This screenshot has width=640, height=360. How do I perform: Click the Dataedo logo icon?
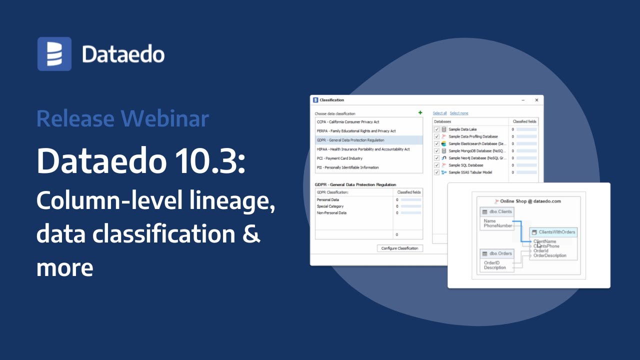pyautogui.click(x=54, y=54)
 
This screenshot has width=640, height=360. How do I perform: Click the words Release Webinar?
pyautogui.click(x=122, y=119)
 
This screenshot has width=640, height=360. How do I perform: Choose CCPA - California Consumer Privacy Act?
pyautogui.click(x=348, y=122)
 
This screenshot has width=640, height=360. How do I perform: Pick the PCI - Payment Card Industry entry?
pyautogui.click(x=339, y=158)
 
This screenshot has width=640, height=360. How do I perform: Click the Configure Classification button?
pyautogui.click(x=399, y=248)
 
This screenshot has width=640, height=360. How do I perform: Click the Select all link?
pyautogui.click(x=439, y=113)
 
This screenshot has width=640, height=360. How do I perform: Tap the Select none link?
pyautogui.click(x=459, y=113)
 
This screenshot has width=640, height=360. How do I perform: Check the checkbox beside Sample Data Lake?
pyautogui.click(x=436, y=129)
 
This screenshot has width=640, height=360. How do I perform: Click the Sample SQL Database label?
pyautogui.click(x=465, y=165)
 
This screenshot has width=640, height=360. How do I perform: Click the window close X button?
pyautogui.click(x=536, y=100)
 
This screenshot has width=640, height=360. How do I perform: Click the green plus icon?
pyautogui.click(x=420, y=113)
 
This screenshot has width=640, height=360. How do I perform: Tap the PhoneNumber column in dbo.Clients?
pyautogui.click(x=498, y=226)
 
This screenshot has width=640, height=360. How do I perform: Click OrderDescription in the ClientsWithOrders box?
pyautogui.click(x=550, y=255)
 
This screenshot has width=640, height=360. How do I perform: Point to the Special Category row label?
pyautogui.click(x=330, y=206)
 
